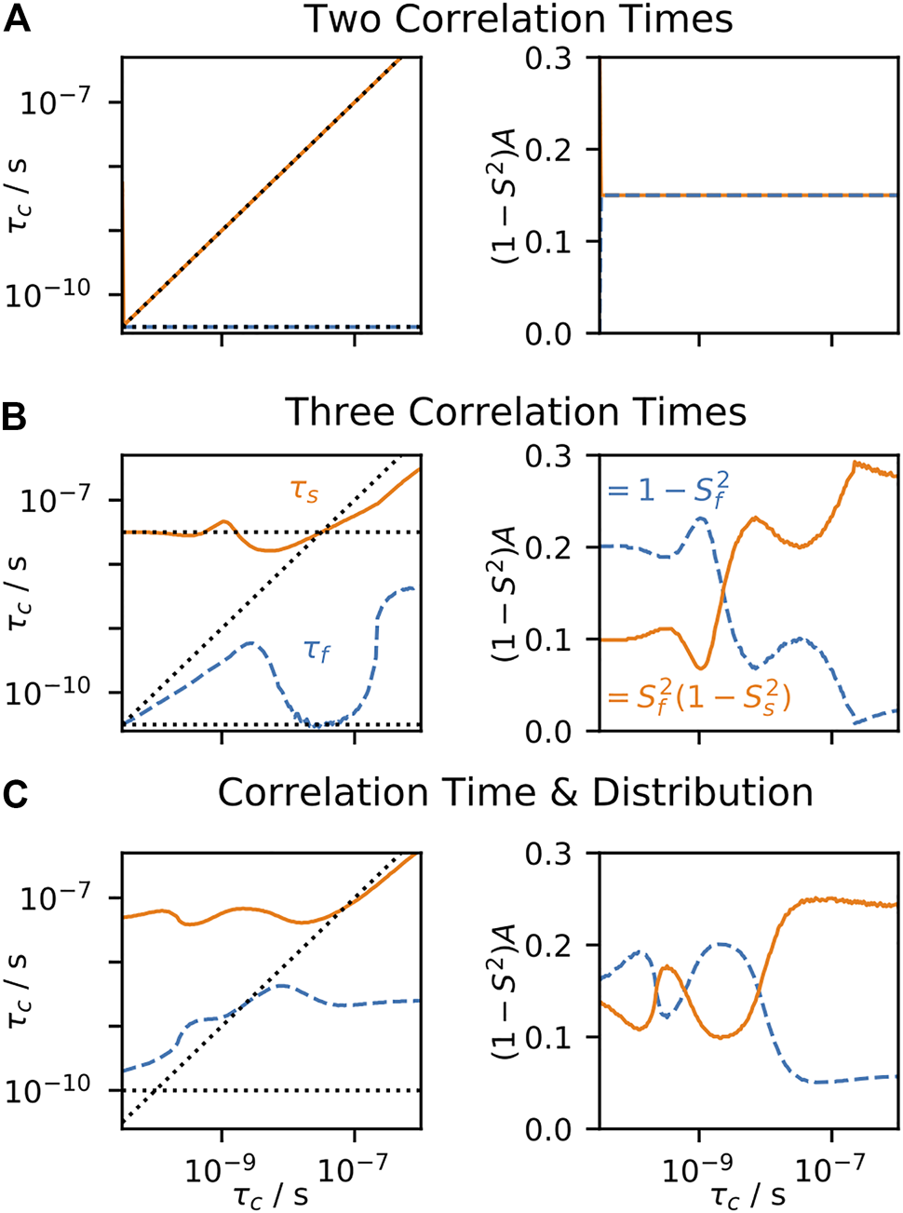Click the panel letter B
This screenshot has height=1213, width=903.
pyautogui.click(x=16, y=417)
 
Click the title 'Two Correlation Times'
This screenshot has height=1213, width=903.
pyautogui.click(x=519, y=20)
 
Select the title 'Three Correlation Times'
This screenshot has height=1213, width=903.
pyautogui.click(x=515, y=411)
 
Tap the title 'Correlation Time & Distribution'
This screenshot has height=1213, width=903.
pyautogui.click(x=515, y=792)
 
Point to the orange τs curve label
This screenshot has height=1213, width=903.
pyautogui.click(x=304, y=490)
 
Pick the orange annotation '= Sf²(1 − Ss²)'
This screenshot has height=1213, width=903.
pyautogui.click(x=698, y=695)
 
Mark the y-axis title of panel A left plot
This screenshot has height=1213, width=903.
pyautogui.click(x=18, y=195)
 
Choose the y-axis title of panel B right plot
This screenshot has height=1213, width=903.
pyautogui.click(x=504, y=593)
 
